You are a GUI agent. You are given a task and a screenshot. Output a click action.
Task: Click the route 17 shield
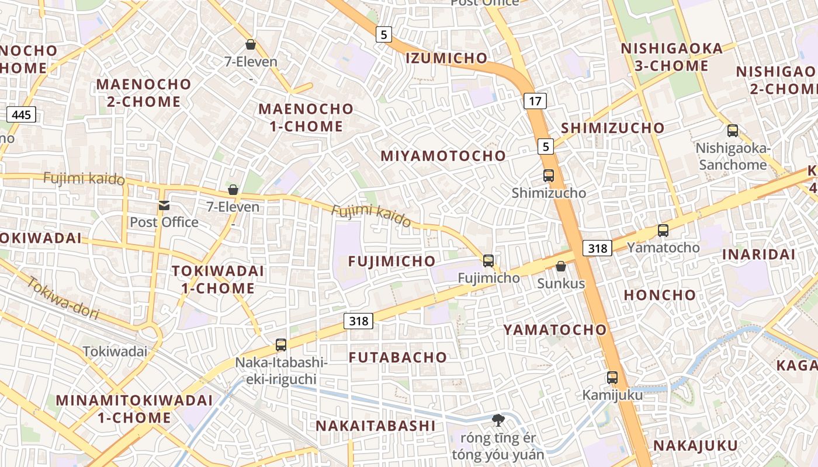click(x=535, y=101)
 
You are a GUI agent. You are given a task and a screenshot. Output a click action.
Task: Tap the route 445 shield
click(x=21, y=114)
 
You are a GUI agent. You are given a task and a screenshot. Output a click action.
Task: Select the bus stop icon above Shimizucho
click(x=548, y=175)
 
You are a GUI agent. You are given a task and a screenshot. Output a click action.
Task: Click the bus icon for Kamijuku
click(x=612, y=378)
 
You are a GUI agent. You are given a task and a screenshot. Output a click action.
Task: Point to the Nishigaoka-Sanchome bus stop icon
click(x=732, y=131)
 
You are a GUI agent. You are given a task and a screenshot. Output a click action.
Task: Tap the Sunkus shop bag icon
click(x=560, y=266)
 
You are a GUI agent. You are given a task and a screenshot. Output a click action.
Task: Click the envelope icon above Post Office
click(x=164, y=205)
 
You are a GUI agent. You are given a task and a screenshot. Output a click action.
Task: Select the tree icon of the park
click(x=498, y=419)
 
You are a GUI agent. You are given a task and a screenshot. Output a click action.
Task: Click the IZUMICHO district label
click(x=446, y=58)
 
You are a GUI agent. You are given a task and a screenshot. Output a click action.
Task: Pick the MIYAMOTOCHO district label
click(x=443, y=156)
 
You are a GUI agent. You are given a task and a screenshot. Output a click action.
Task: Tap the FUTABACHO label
click(x=398, y=357)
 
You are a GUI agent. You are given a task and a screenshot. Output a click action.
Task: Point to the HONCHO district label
click(x=660, y=295)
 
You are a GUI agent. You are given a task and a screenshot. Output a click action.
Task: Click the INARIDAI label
click(x=758, y=255)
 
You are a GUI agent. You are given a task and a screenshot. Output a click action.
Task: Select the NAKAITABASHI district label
click(x=376, y=426)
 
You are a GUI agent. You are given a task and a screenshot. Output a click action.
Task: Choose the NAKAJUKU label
click(x=695, y=446)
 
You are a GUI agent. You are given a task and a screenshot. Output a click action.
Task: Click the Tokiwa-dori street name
click(x=63, y=298)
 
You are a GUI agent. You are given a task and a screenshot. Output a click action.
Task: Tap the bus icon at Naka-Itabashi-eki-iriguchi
click(x=281, y=345)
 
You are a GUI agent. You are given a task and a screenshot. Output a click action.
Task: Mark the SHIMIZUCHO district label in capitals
click(x=612, y=128)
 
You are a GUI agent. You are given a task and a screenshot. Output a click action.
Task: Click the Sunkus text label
click(x=561, y=284)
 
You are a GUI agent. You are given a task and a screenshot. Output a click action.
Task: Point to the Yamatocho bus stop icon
click(x=663, y=231)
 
